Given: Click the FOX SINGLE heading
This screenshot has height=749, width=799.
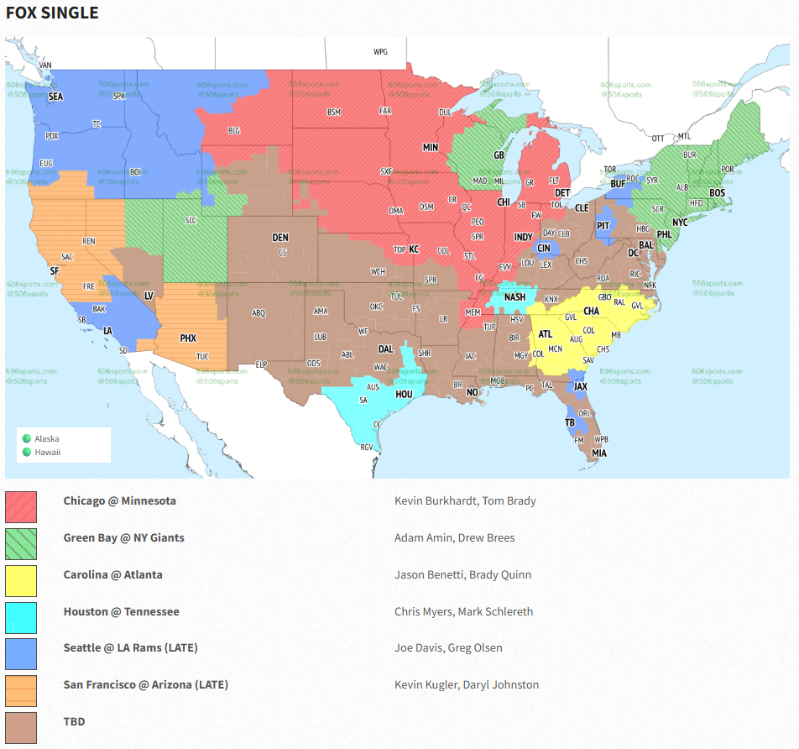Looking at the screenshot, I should click(x=52, y=13).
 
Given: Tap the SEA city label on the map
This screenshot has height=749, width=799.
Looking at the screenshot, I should click(x=55, y=97).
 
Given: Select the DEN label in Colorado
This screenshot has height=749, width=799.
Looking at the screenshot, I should click(x=280, y=238).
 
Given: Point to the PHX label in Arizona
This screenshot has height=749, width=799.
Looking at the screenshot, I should click(x=188, y=338).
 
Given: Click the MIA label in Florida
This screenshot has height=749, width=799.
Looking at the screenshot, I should click(x=598, y=453).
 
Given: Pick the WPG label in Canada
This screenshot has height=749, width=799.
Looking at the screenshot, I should click(x=380, y=52).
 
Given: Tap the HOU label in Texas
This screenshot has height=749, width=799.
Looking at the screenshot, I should click(x=404, y=394).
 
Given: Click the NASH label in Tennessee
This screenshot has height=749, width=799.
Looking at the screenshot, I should click(x=514, y=296).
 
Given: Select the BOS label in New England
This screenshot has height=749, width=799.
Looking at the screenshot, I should click(x=717, y=193).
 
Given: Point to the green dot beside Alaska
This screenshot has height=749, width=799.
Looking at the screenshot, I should click(x=27, y=438).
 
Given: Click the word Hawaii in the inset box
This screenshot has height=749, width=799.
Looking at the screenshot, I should click(x=48, y=452).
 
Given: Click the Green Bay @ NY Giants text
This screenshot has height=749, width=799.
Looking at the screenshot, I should click(x=123, y=537).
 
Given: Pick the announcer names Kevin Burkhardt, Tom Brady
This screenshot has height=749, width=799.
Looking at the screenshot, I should click(x=465, y=501).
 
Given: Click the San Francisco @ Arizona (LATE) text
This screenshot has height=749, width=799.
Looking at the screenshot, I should click(x=145, y=684).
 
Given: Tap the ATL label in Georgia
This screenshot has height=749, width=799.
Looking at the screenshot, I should click(x=545, y=333).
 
